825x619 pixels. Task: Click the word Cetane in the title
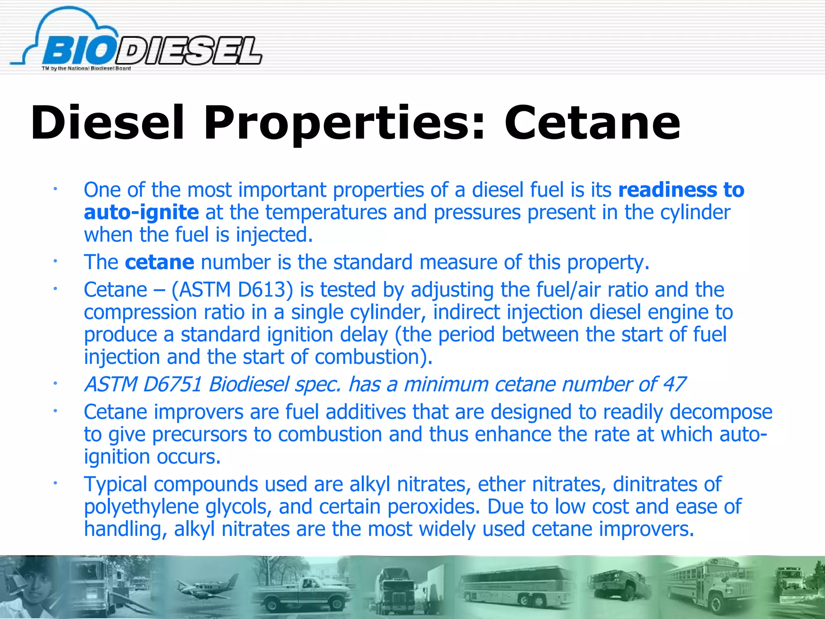coord(592,123)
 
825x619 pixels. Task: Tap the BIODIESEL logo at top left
coord(137,44)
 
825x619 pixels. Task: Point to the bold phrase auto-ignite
coord(141,212)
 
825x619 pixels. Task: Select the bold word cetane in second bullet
coord(160,262)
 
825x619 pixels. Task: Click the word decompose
coord(721,412)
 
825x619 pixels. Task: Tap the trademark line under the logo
coord(86,69)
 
